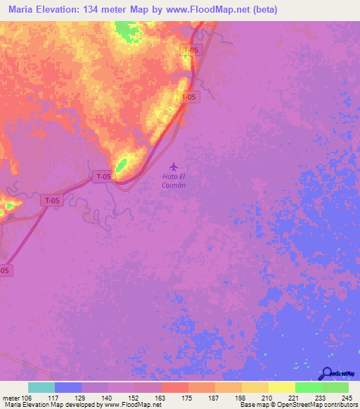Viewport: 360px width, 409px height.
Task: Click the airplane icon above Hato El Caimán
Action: (x=174, y=167)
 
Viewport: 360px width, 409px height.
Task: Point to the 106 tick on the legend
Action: (x=28, y=396)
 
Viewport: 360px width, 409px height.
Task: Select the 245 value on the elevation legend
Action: (x=347, y=396)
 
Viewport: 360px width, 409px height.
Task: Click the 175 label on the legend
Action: (x=188, y=396)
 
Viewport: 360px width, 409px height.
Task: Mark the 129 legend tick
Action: (x=82, y=396)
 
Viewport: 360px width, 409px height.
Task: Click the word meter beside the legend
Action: (x=11, y=396)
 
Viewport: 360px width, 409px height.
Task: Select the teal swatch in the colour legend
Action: (x=41, y=387)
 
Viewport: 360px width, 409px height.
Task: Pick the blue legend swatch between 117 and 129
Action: (x=68, y=387)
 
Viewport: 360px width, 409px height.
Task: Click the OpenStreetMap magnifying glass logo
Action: (x=327, y=373)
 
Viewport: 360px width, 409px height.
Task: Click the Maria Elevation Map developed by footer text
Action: (x=49, y=405)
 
